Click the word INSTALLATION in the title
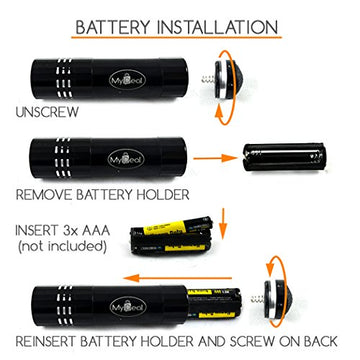227,22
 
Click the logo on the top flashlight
129,75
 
